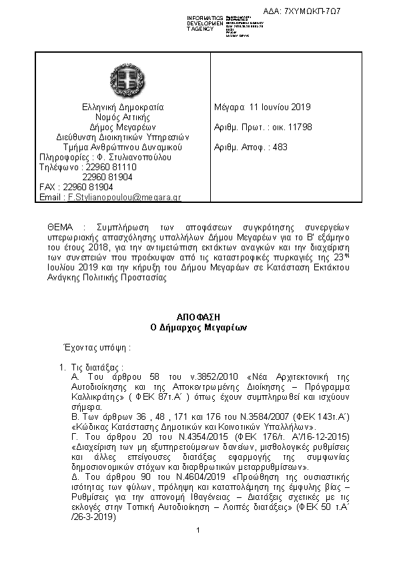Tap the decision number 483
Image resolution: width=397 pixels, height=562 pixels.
point(280,147)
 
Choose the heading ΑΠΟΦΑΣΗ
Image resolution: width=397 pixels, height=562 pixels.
point(199,317)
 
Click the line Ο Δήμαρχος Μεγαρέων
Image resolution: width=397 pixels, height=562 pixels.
point(199,328)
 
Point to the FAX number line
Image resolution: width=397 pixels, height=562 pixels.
point(77,188)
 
